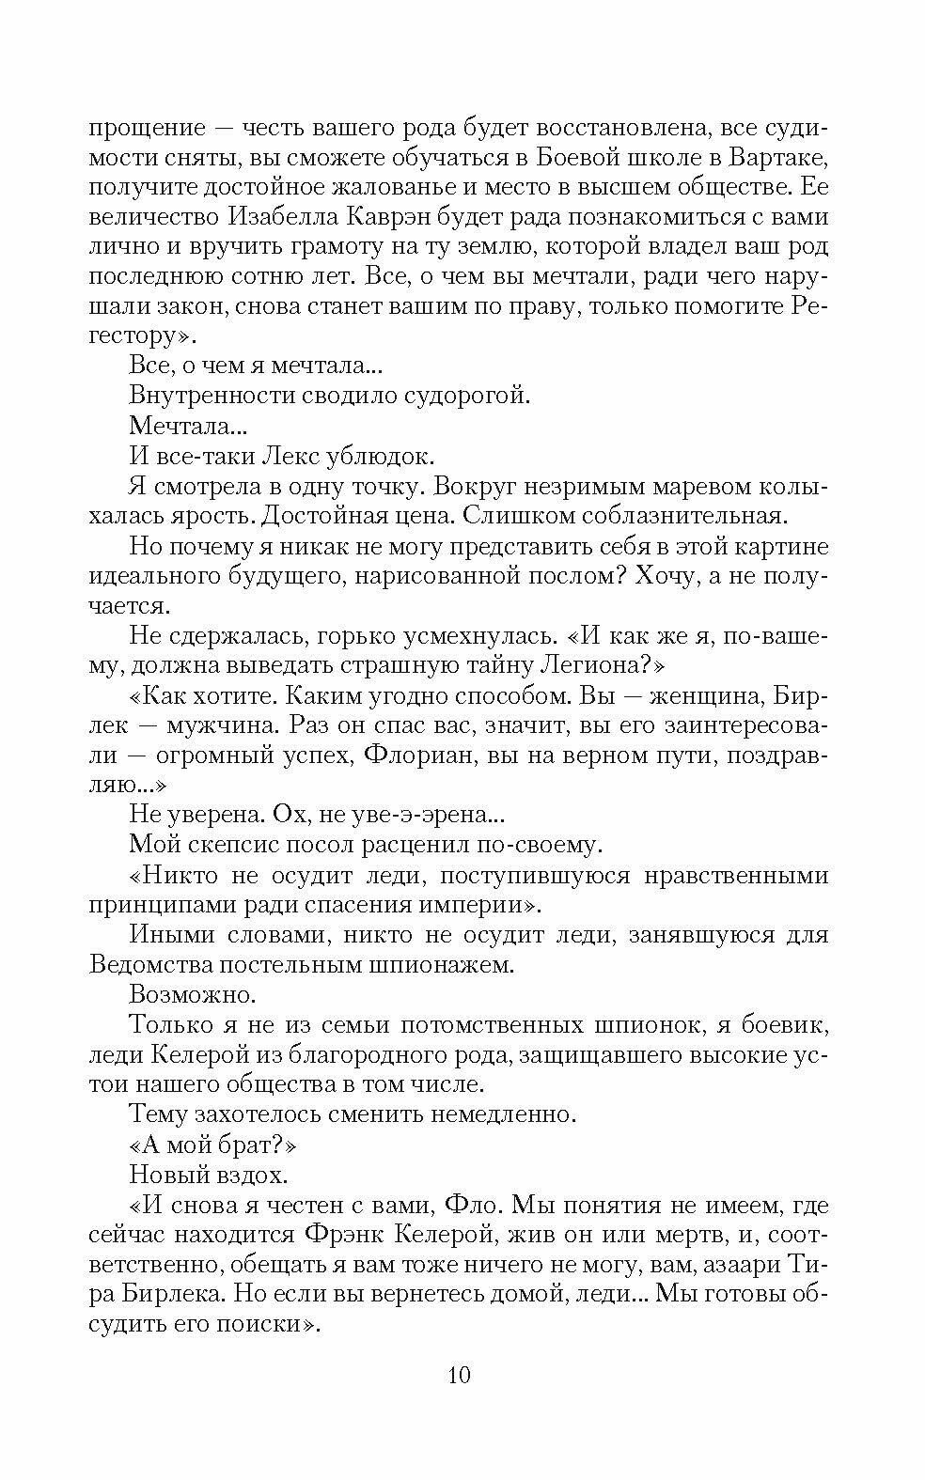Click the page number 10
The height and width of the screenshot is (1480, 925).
(x=460, y=1375)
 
